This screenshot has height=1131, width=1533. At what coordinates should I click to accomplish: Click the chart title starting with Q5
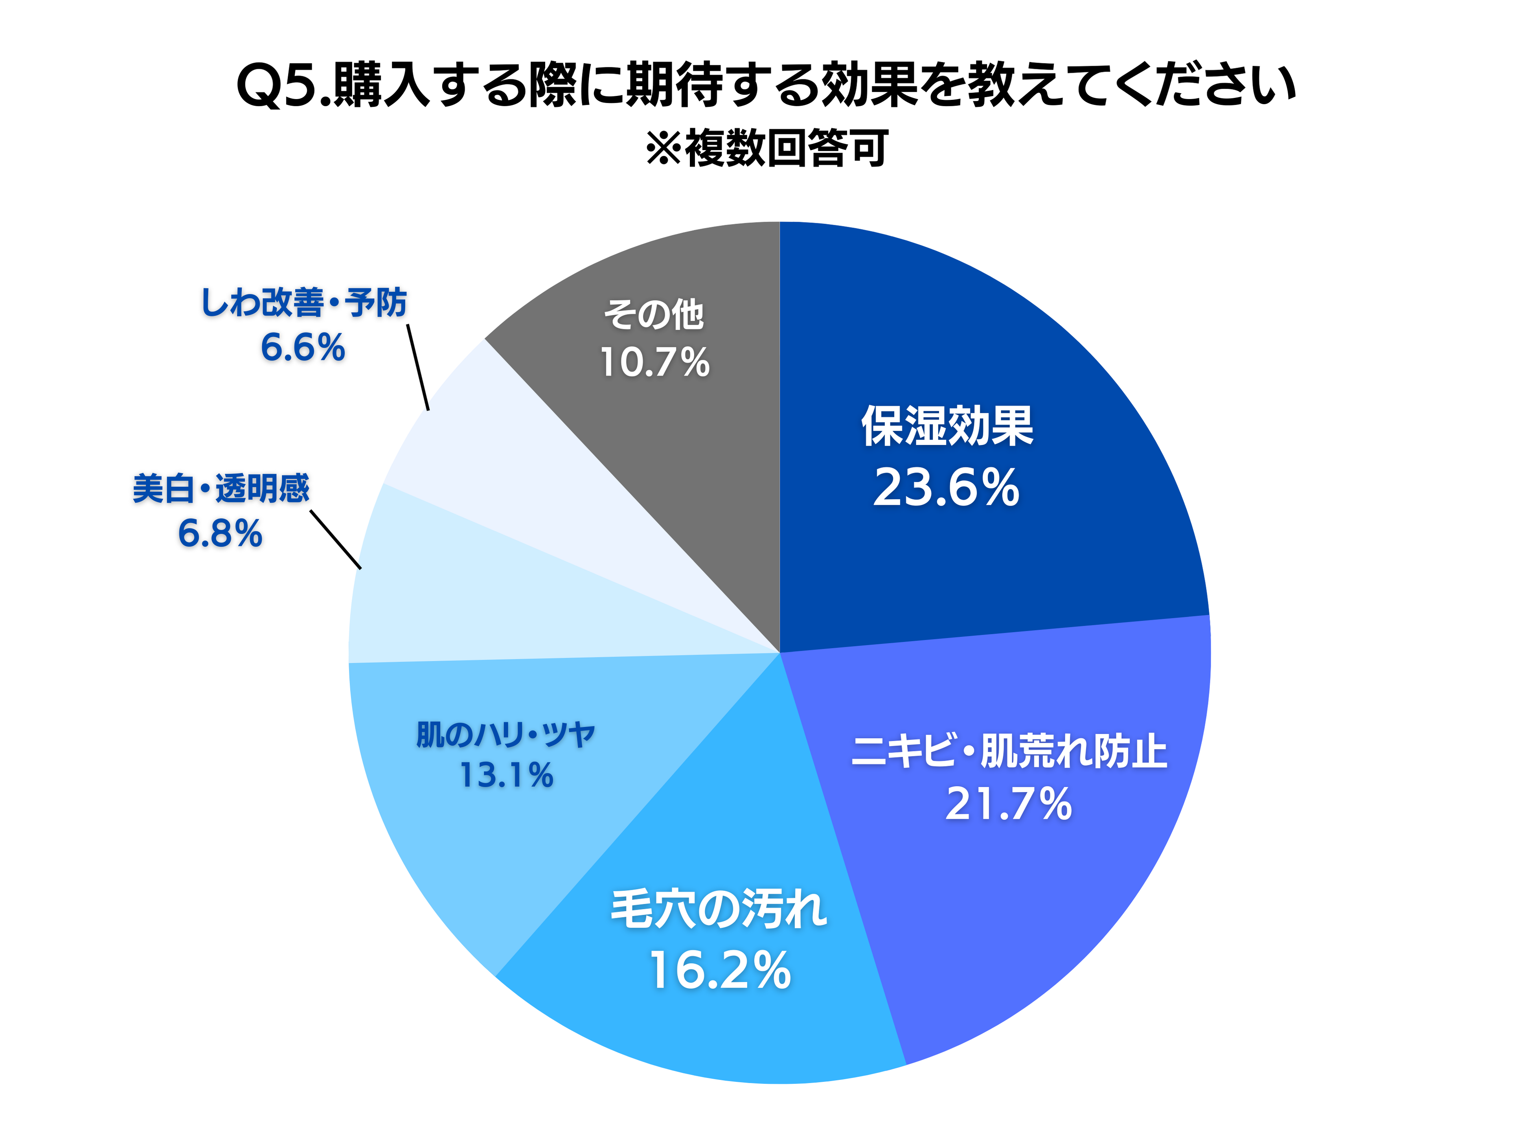pyautogui.click(x=766, y=86)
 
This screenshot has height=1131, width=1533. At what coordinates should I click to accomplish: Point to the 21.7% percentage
pyautogui.click(x=1008, y=804)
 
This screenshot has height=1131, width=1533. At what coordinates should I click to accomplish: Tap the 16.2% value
pyautogui.click(x=719, y=971)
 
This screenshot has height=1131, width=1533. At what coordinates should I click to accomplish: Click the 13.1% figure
pyautogui.click(x=506, y=776)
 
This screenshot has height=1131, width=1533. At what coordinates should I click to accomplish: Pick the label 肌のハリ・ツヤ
pyautogui.click(x=506, y=735)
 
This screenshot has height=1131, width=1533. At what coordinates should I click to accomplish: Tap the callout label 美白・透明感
pyautogui.click(x=221, y=489)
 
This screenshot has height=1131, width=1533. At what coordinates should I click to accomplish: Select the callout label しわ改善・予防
pyautogui.click(x=303, y=303)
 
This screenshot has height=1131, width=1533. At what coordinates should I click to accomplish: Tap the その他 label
pyautogui.click(x=654, y=315)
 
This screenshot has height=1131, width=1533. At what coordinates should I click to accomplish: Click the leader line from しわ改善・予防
pyautogui.click(x=417, y=367)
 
